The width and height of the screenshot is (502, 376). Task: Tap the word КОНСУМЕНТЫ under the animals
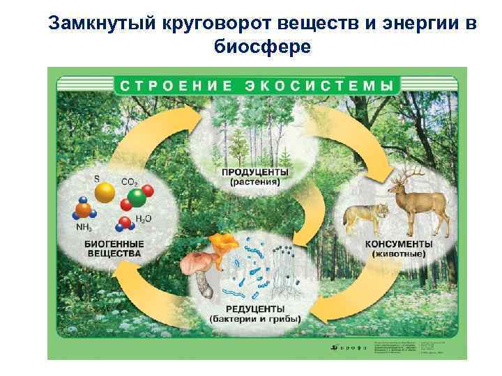click(x=398, y=244)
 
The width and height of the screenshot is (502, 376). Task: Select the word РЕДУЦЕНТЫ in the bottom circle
click(x=255, y=309)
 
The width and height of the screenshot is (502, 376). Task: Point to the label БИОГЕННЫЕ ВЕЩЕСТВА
click(x=114, y=249)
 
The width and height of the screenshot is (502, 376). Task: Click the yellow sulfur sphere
click(x=106, y=191)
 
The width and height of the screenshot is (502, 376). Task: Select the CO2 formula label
click(x=129, y=182)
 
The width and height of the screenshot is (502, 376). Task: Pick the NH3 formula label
click(x=84, y=227)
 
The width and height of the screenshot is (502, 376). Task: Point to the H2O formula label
click(x=144, y=219)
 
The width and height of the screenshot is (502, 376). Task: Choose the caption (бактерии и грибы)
click(x=255, y=320)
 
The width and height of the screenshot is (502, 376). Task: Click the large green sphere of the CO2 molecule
click(x=137, y=197)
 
